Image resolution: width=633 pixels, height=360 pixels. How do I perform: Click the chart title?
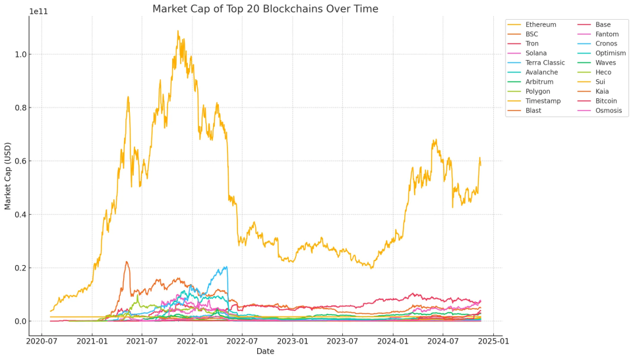point(265,9)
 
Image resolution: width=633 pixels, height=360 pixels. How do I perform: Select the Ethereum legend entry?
point(540,24)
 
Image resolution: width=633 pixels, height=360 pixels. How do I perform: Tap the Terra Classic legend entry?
point(545,63)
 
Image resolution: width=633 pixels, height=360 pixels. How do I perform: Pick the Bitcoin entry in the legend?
point(606,101)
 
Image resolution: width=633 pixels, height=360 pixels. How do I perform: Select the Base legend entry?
point(603,24)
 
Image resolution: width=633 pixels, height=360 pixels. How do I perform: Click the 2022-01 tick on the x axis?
point(193,342)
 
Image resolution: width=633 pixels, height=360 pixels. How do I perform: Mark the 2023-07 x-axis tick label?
point(343,342)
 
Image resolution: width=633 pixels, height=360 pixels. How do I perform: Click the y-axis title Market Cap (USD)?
point(8,175)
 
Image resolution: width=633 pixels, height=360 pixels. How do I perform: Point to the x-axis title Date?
point(265,352)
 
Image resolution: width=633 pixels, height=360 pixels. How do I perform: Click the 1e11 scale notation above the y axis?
point(39,11)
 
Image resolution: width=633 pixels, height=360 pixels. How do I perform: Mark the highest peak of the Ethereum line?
point(177,30)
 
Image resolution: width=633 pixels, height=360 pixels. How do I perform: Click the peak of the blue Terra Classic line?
point(226,266)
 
